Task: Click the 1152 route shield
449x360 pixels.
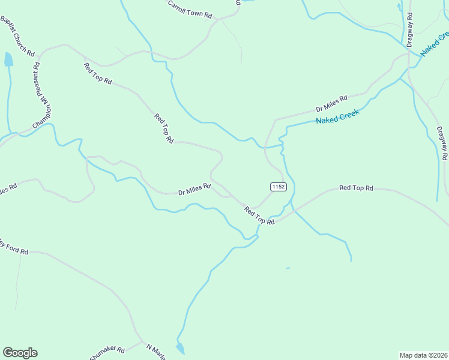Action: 278,187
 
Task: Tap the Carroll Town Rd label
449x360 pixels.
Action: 190,9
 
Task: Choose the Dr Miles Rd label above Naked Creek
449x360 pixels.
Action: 332,103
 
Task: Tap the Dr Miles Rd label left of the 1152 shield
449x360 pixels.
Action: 194,190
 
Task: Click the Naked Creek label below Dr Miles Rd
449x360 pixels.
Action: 337,116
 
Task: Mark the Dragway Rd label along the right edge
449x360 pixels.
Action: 442,143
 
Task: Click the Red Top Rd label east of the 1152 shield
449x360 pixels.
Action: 356,188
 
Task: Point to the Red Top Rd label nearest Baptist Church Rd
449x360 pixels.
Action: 98,73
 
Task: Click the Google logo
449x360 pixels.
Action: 20,352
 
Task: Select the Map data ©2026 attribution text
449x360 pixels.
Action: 423,355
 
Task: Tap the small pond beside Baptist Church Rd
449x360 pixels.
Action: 8,59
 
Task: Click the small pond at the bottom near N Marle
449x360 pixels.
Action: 180,348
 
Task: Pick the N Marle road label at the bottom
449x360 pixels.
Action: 155,349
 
